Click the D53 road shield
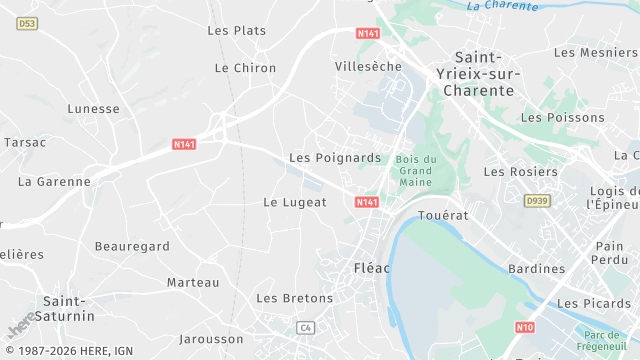pyautogui.click(x=27, y=22)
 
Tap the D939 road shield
pyautogui.click(x=537, y=201)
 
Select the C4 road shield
pyautogui.click(x=306, y=327)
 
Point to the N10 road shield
pyautogui.click(x=526, y=327)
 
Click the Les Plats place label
pyautogui.click(x=236, y=31)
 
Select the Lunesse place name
pyautogui.click(x=93, y=109)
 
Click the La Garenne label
pyautogui.click(x=54, y=182)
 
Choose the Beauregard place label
pyautogui.click(x=132, y=246)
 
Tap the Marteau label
pyautogui.click(x=193, y=283)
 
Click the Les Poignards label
pyautogui.click(x=335, y=158)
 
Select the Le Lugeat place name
pyautogui.click(x=295, y=202)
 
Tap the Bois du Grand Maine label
pyautogui.click(x=416, y=171)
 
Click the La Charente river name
pyautogui.click(x=503, y=5)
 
